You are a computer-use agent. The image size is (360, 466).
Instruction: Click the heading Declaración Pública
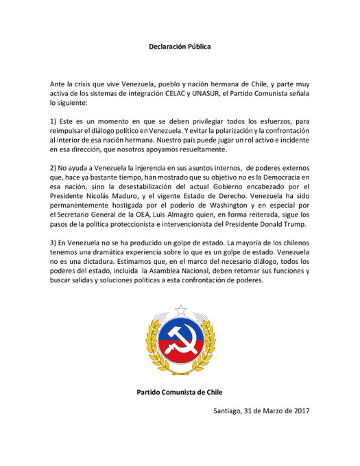(180, 47)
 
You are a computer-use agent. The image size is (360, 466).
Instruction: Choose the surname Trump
(295, 224)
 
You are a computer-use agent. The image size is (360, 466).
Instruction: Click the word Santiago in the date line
(231, 410)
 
